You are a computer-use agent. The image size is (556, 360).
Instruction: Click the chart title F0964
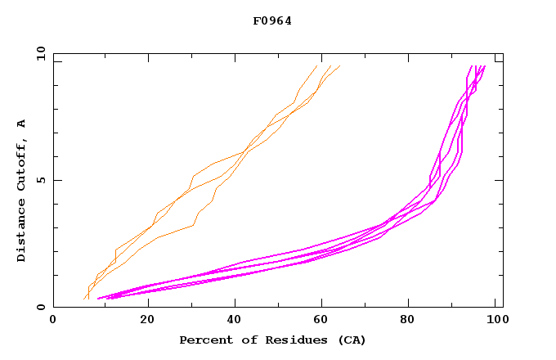tap(272, 20)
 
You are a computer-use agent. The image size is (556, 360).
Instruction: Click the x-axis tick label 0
tap(53, 321)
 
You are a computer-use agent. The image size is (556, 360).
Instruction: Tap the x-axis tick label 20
tap(147, 321)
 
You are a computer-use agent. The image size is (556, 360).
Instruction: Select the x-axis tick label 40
tap(235, 321)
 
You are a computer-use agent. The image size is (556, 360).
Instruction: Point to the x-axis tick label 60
tap(325, 321)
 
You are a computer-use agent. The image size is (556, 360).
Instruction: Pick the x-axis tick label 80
tap(413, 321)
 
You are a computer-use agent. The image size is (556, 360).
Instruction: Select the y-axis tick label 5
tap(41, 180)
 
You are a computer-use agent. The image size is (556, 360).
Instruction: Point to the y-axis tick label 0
tap(41, 307)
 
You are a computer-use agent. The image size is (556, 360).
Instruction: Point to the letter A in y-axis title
tap(21, 124)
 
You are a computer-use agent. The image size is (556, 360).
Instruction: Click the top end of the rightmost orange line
tap(339, 66)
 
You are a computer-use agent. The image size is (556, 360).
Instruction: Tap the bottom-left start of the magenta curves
tap(98, 299)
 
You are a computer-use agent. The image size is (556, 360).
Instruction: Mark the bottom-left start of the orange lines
tap(84, 299)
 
